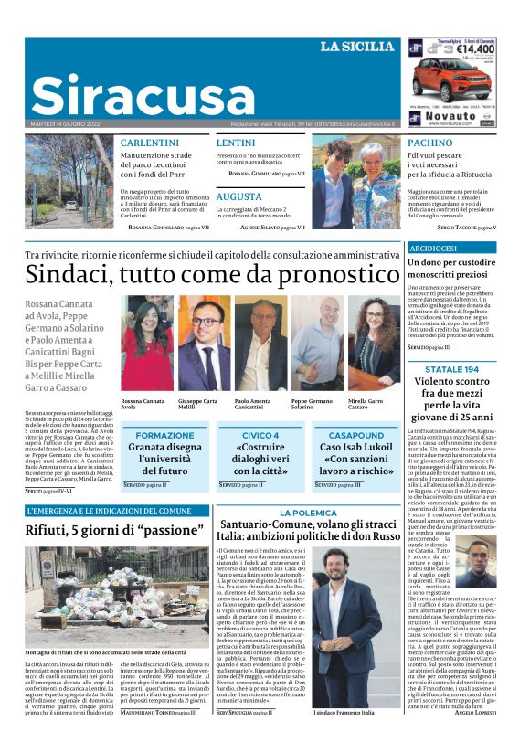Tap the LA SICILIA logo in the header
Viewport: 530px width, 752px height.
[356, 47]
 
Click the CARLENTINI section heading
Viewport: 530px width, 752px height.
[150, 143]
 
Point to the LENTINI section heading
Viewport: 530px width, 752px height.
[235, 143]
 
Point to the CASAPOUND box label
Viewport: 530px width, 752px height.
[355, 435]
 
